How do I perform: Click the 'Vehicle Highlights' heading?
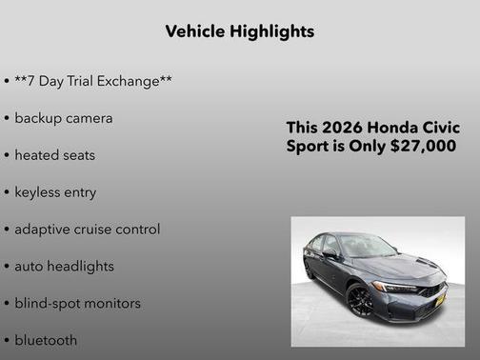pyautogui.click(x=239, y=31)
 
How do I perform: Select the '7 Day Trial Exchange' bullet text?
pyautogui.click(x=93, y=81)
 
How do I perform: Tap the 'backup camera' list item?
pyautogui.click(x=64, y=118)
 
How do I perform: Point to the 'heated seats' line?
pyautogui.click(x=54, y=154)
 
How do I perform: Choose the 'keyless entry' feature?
pyautogui.click(x=55, y=191)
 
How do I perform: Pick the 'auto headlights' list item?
pyautogui.click(x=64, y=266)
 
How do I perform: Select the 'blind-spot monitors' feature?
pyautogui.click(x=77, y=303)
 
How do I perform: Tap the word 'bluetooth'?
pyautogui.click(x=46, y=340)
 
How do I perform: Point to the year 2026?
pyautogui.click(x=342, y=129)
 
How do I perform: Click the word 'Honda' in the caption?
pyautogui.click(x=391, y=129)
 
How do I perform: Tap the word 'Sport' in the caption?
pyautogui.click(x=308, y=147)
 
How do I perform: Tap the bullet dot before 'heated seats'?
pyautogui.click(x=7, y=155)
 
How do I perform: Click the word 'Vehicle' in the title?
pyautogui.click(x=196, y=31)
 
